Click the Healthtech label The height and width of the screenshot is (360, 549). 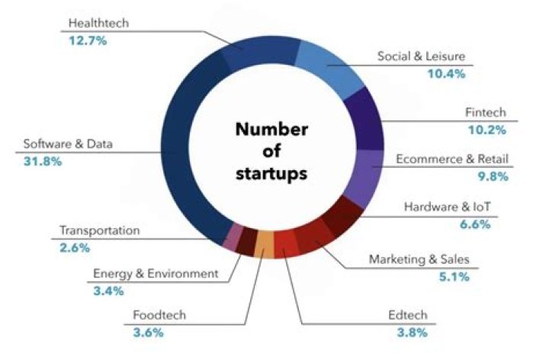(x=98, y=24)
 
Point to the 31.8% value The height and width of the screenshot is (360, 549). (x=43, y=161)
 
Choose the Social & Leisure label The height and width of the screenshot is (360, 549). (x=422, y=56)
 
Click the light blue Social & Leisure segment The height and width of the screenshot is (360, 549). (x=325, y=64)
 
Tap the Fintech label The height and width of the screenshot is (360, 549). (x=486, y=112)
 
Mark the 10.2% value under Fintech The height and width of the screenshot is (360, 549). (x=487, y=130)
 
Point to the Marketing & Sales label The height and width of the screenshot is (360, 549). (x=419, y=260)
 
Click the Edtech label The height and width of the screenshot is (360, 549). (x=409, y=315)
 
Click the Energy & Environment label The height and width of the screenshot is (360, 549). (x=156, y=273)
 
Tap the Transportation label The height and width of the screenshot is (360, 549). (x=100, y=230)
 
